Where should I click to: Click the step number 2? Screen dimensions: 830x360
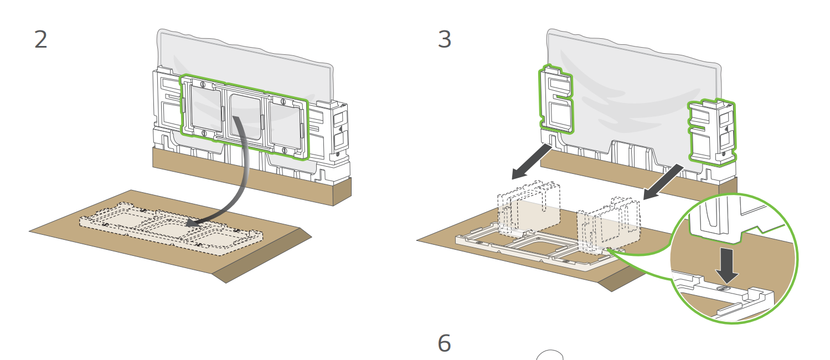click(x=41, y=39)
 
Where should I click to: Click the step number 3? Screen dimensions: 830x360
click(x=445, y=39)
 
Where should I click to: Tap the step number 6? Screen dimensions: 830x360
click(x=444, y=343)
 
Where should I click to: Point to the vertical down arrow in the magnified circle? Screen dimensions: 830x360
click(x=727, y=265)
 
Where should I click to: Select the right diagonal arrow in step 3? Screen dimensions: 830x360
click(x=663, y=182)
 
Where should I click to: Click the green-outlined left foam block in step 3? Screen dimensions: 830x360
click(x=556, y=99)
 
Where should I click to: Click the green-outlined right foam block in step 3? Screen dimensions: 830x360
click(x=712, y=132)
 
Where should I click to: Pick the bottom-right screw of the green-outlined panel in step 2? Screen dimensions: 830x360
click(x=285, y=150)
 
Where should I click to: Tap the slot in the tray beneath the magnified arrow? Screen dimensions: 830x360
click(x=723, y=289)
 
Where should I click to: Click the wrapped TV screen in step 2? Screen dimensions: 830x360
click(x=245, y=66)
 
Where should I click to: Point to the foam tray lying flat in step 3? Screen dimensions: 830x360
click(x=537, y=249)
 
